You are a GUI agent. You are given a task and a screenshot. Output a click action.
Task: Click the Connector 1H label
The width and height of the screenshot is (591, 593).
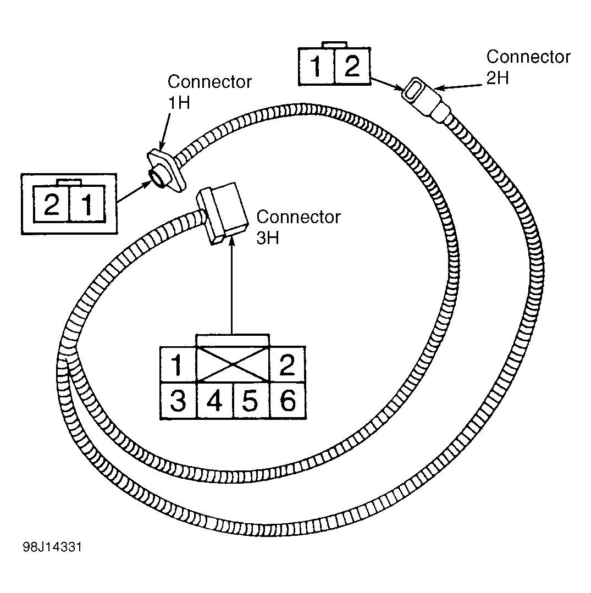(x=209, y=92)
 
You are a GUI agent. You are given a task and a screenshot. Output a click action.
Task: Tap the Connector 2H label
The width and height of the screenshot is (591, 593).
(x=528, y=67)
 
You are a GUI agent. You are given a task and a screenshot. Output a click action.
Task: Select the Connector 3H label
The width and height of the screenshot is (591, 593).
(x=299, y=227)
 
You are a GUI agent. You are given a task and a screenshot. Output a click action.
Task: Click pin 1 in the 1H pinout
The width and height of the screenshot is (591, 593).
(x=87, y=204)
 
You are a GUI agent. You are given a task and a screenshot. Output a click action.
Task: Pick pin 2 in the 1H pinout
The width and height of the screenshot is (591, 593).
(x=52, y=204)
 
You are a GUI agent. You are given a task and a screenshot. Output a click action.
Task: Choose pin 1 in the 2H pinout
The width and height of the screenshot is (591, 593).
(x=316, y=66)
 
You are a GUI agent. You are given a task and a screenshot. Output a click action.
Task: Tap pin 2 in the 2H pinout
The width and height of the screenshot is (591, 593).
(x=352, y=66)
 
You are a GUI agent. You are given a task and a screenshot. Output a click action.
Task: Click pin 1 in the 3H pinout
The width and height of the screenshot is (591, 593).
(x=178, y=365)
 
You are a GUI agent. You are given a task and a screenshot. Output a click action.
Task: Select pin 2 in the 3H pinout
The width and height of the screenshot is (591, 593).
(x=287, y=365)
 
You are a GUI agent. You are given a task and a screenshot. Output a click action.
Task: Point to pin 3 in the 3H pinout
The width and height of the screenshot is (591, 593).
(x=178, y=401)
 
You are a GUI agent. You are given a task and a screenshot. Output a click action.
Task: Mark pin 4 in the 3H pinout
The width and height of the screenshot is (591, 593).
(x=214, y=401)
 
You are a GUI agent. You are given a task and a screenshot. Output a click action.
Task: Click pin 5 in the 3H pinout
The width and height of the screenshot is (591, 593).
(x=251, y=401)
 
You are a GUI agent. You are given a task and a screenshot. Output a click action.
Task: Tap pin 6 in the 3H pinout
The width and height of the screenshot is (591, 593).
(x=288, y=401)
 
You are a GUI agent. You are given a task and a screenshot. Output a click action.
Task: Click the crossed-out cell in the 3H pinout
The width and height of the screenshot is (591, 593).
(x=233, y=364)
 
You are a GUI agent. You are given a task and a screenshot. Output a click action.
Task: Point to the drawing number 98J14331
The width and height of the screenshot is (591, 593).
(x=52, y=547)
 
